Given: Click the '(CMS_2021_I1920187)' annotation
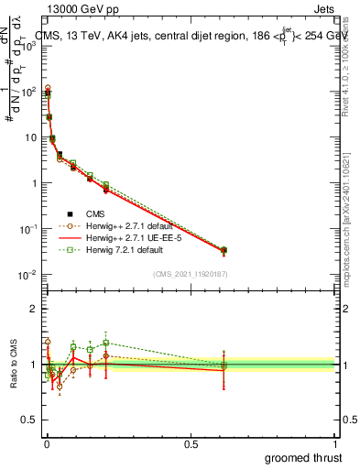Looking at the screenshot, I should tap(191, 274).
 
